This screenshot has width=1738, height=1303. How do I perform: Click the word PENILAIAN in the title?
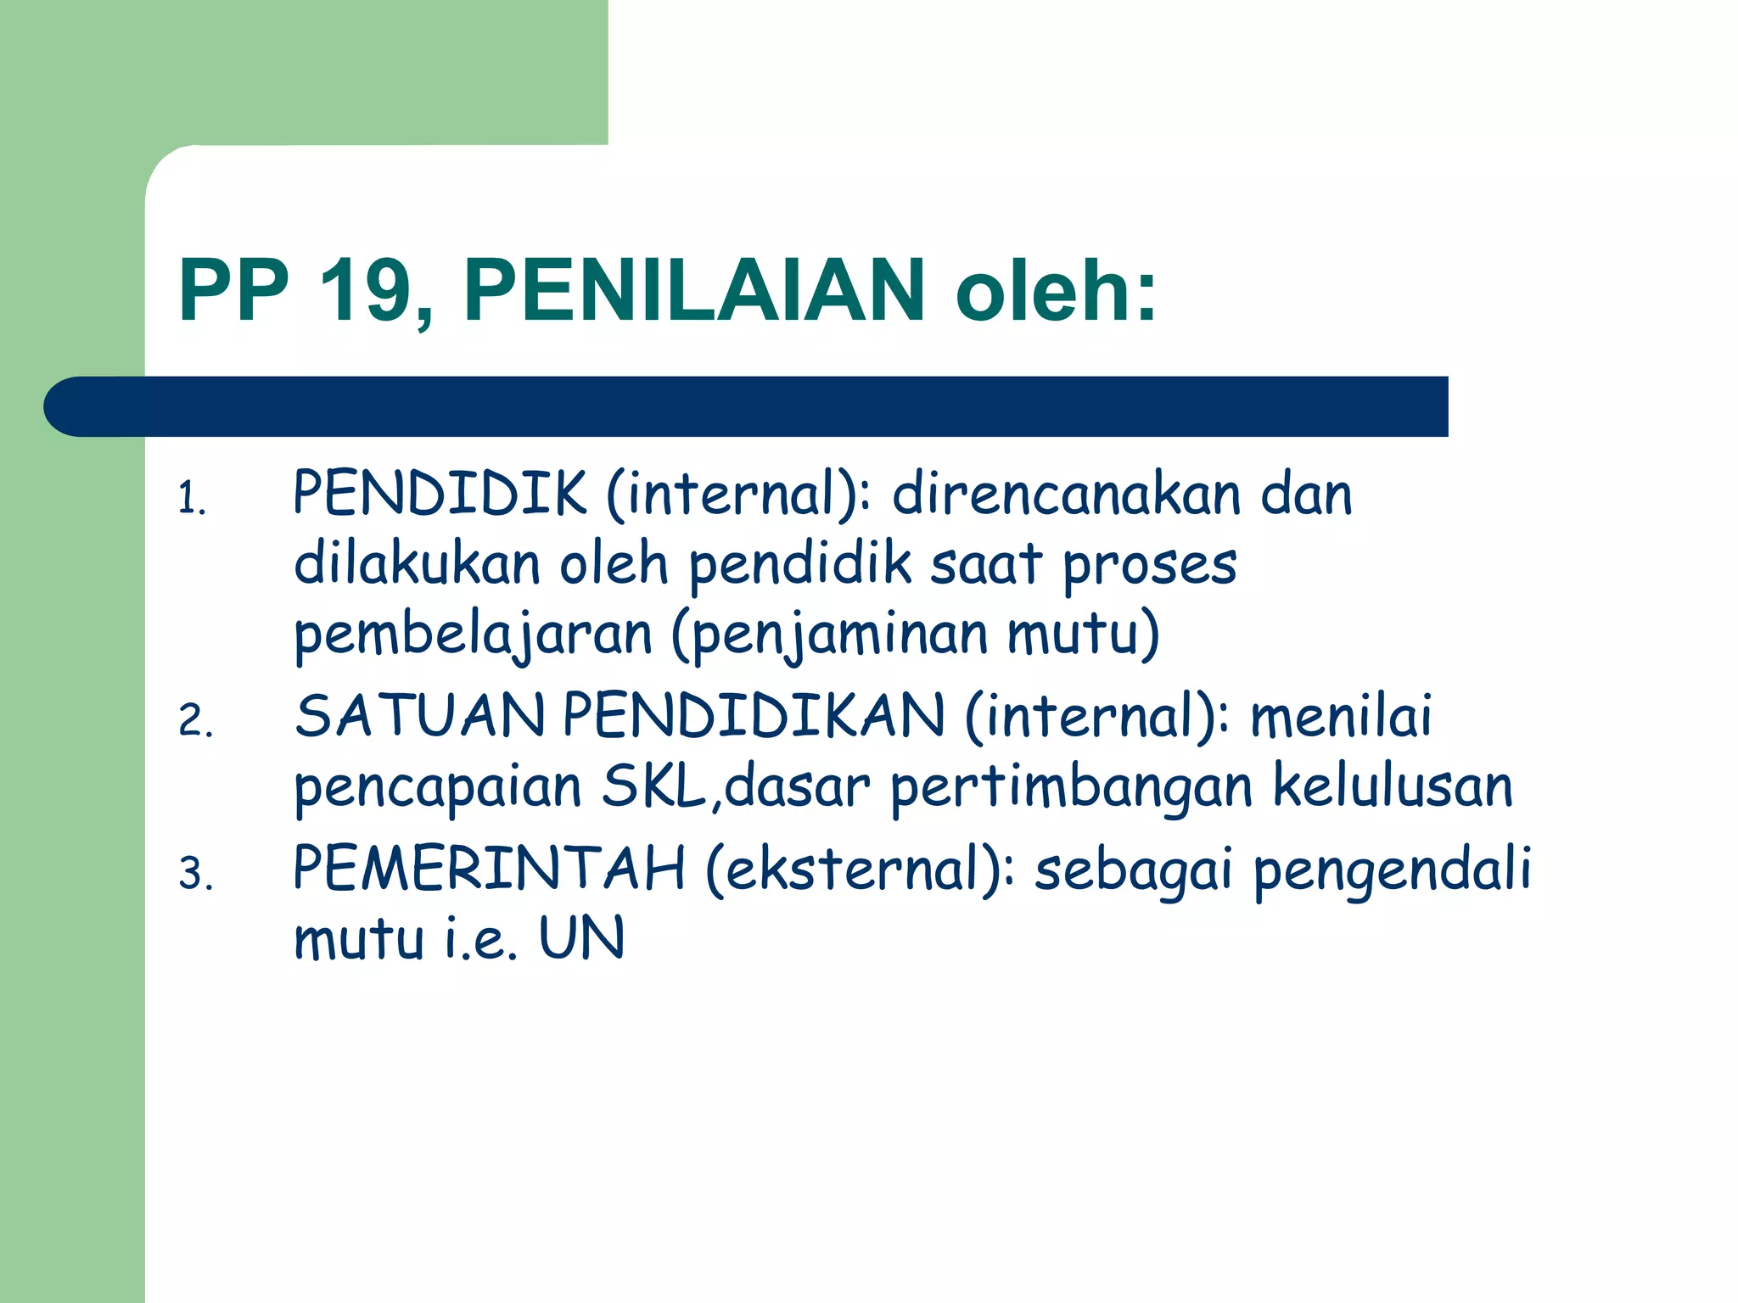coord(693,291)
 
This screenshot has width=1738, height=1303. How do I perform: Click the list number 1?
coord(191,498)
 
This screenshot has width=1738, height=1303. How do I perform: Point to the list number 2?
coord(194,721)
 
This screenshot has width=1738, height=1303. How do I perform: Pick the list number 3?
coord(194,874)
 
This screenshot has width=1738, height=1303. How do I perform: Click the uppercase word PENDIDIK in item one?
coord(440,493)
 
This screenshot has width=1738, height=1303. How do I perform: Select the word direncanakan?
coord(1066,495)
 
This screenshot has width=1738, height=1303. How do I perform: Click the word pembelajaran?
coord(473,635)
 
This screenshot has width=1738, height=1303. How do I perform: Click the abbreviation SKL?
coord(653,786)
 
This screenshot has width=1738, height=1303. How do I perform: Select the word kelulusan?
coord(1393,786)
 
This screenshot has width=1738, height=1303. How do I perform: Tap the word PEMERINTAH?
coord(489,869)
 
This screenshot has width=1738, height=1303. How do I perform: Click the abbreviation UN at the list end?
coord(582,939)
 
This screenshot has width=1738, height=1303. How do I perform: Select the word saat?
coord(985,565)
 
